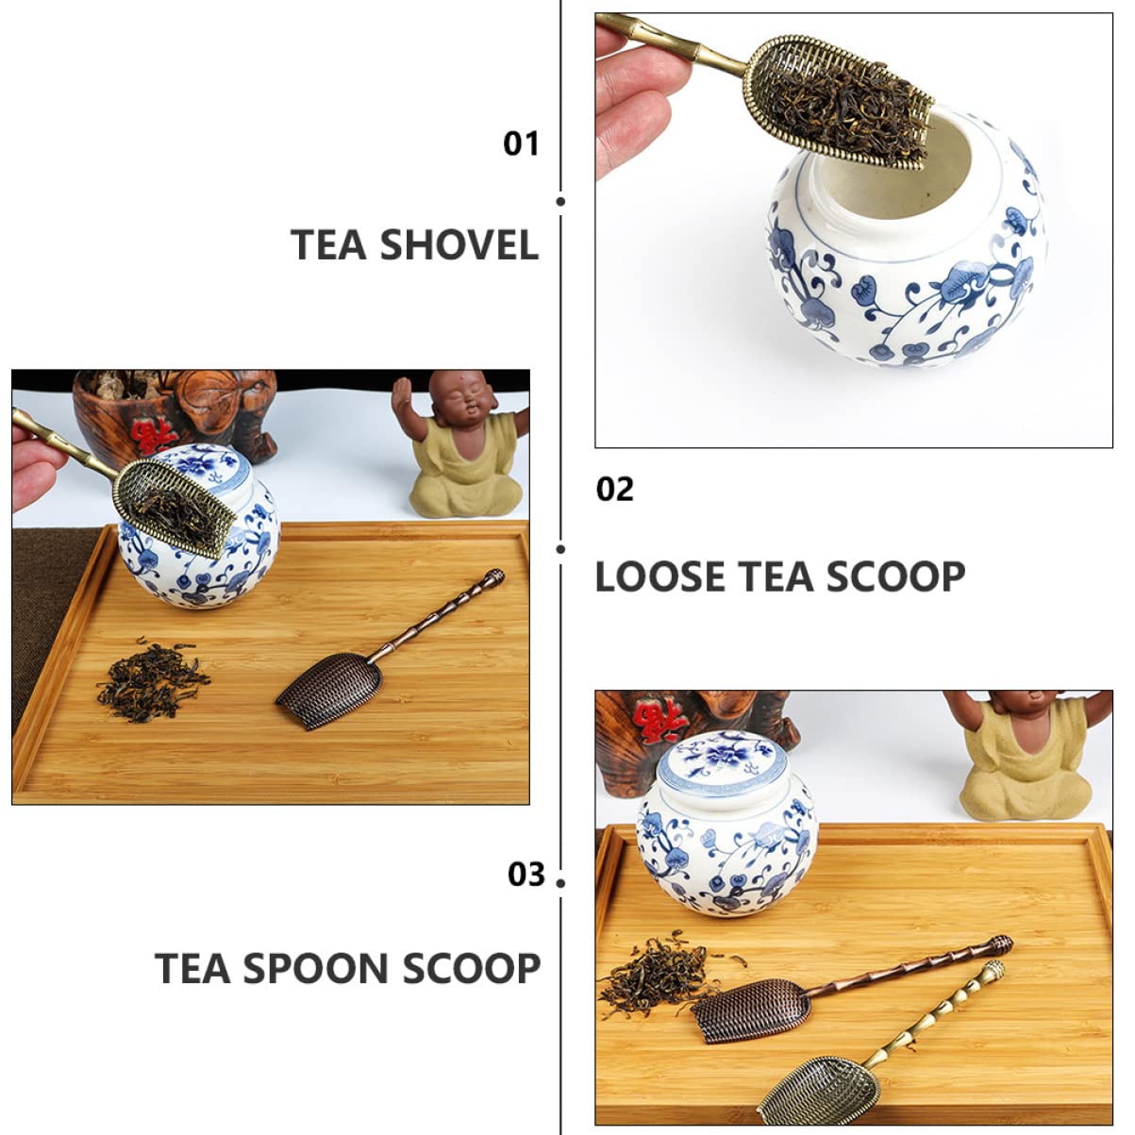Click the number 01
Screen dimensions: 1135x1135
(521, 143)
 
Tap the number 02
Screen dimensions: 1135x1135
(615, 489)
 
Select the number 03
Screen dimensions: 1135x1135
(526, 874)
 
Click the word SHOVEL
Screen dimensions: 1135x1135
(459, 245)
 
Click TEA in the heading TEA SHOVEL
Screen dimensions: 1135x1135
(328, 245)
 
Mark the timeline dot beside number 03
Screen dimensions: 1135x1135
(561, 882)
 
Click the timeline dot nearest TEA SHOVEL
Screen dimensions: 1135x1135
(561, 201)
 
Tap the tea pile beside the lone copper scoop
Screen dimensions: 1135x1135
(151, 679)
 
